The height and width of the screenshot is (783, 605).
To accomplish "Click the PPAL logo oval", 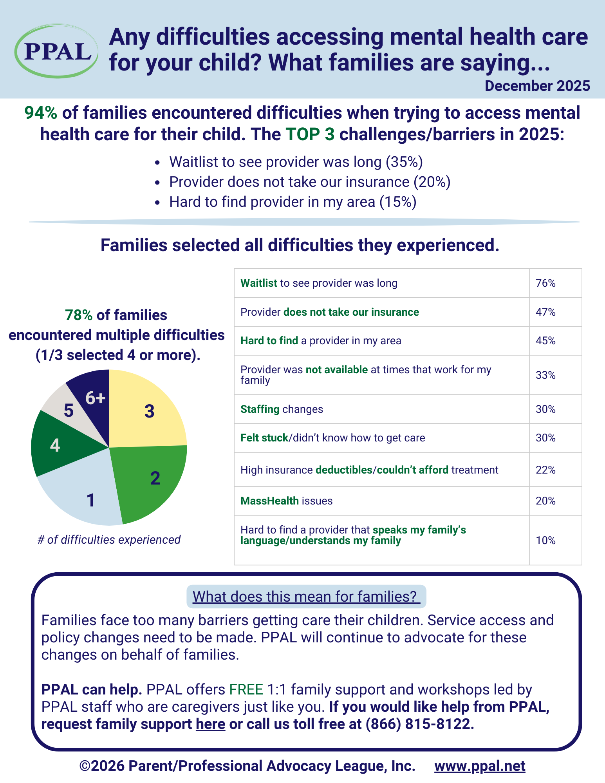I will point(56,51).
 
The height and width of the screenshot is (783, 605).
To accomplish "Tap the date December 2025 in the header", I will point(537,86).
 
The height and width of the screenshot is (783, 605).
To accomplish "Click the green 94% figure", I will point(41,113).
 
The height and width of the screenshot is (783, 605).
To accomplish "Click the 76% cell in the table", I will point(545,283).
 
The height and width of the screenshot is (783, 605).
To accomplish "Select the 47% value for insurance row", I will point(545,312).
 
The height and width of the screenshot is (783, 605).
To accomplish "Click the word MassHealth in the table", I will point(269,501).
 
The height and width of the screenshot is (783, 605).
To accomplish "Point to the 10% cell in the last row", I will point(545,541).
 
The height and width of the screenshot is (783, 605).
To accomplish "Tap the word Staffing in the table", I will point(260,409).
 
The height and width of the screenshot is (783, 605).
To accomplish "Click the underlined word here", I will point(210,724).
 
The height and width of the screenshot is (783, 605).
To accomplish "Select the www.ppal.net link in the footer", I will point(480,766).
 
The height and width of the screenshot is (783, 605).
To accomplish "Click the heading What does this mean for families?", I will point(306,597).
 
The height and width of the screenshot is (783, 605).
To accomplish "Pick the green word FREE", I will point(246,689).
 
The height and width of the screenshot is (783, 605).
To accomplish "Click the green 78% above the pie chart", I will point(79,315).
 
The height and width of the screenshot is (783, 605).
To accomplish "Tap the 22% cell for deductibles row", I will point(545,470).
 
